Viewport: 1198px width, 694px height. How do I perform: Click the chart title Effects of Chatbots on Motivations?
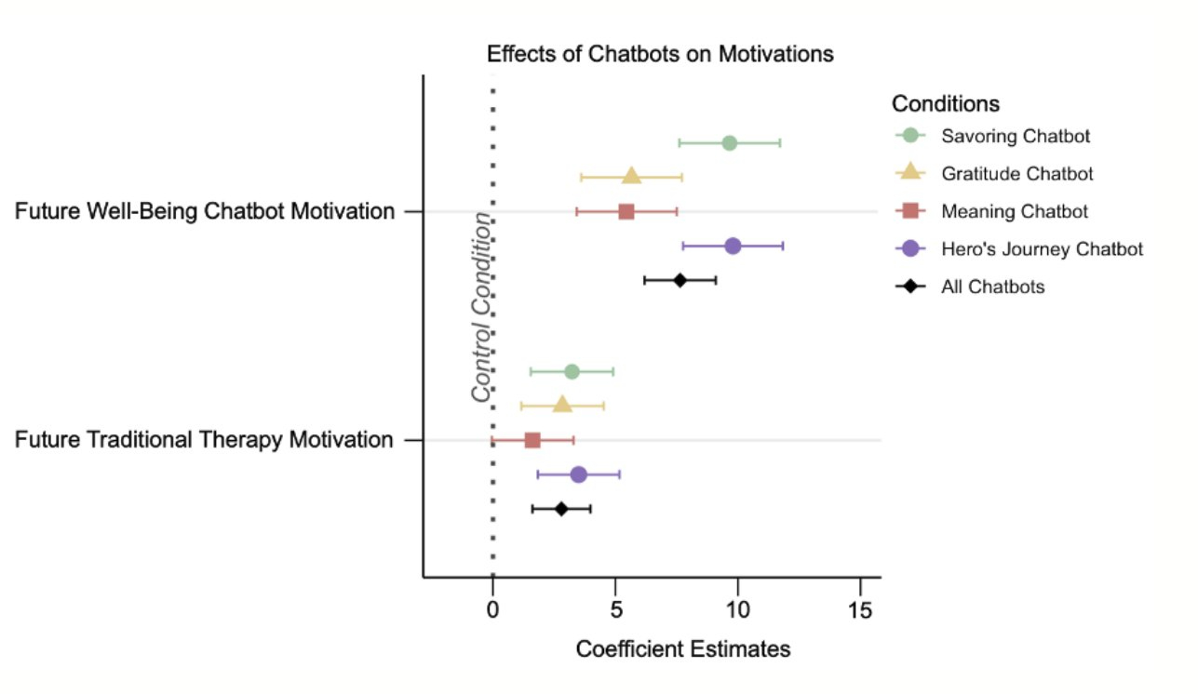click(x=660, y=54)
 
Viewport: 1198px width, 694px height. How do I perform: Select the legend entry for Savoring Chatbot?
click(x=1016, y=136)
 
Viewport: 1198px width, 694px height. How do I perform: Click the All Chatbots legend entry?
click(x=992, y=287)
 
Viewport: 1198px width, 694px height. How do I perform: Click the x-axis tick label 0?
click(x=492, y=611)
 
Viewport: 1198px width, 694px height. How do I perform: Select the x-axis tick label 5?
click(x=614, y=611)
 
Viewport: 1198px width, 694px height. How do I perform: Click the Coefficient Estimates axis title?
click(x=683, y=648)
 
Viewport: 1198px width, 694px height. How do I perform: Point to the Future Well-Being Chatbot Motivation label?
click(x=205, y=212)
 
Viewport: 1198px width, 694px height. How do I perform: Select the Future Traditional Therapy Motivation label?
click(x=204, y=440)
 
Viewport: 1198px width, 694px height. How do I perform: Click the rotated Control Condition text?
click(x=481, y=307)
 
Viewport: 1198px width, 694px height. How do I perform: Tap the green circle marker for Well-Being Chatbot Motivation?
click(x=729, y=143)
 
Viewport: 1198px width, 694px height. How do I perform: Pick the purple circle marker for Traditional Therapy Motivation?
click(x=578, y=474)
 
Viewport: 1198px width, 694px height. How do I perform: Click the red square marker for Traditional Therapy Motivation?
click(x=532, y=440)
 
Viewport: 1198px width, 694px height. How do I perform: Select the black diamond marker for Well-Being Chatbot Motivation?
click(x=680, y=280)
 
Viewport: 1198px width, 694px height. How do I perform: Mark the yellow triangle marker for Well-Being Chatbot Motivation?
click(x=632, y=177)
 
